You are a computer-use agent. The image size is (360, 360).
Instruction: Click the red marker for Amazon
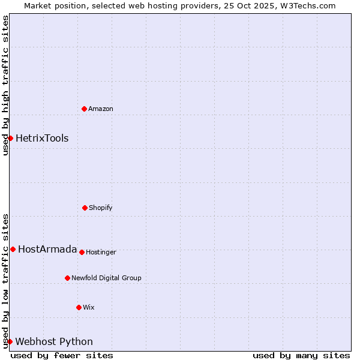(85, 109)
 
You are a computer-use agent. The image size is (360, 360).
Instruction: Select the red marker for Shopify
(85, 208)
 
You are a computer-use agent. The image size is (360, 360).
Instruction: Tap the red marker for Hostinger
(82, 252)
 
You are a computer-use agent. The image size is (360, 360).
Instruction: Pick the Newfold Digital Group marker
(67, 278)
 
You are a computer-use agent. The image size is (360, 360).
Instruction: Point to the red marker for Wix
(79, 307)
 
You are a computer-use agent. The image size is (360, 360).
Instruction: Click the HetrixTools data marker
(10, 138)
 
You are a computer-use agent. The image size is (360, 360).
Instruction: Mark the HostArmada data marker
(13, 249)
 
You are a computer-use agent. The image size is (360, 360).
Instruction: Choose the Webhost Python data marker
(10, 341)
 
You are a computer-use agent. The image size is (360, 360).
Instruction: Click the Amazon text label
(101, 109)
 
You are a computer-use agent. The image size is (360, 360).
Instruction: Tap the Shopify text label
(101, 208)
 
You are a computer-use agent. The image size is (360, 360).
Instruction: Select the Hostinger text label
(101, 252)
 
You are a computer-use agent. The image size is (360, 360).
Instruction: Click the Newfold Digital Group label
(106, 278)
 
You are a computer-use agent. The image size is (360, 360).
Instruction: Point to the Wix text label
(89, 307)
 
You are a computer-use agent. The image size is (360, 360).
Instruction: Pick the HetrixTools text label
(42, 138)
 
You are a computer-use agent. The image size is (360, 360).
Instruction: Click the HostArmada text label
(47, 249)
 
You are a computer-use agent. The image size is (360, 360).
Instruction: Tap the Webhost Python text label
(54, 341)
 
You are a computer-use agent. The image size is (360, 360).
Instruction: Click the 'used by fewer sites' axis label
(62, 355)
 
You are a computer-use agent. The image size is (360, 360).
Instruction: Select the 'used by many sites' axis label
(301, 355)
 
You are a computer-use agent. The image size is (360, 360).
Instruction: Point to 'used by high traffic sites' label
(5, 85)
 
